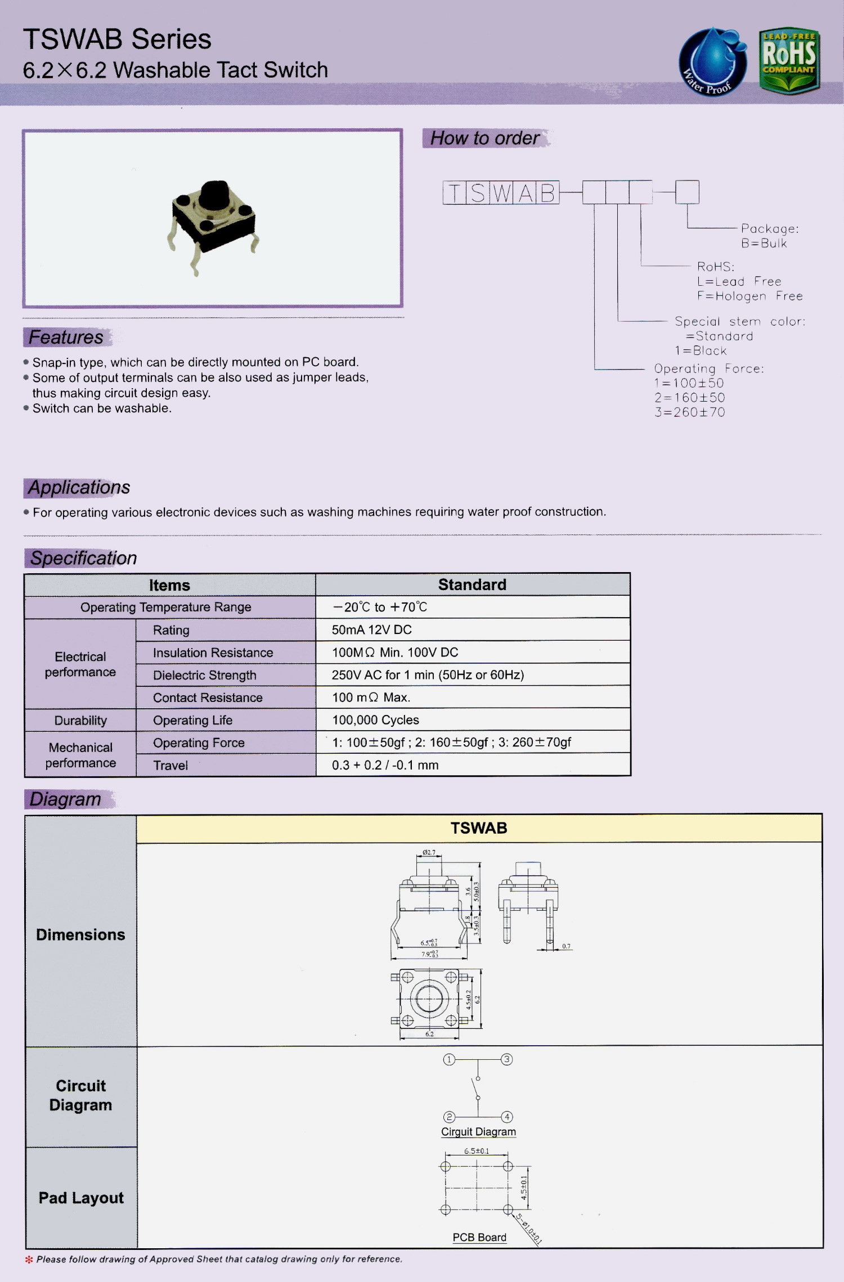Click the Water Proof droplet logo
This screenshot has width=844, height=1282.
[712, 62]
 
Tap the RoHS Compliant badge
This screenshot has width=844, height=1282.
[789, 60]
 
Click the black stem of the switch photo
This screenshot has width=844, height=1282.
[214, 195]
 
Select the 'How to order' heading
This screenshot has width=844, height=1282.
[484, 138]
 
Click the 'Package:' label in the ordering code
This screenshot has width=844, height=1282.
[769, 229]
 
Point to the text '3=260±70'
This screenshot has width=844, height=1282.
[689, 412]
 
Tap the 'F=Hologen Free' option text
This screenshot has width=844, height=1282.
[749, 296]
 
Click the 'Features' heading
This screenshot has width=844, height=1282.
[66, 338]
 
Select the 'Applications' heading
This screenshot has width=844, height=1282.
[79, 488]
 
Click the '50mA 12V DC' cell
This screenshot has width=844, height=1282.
[371, 630]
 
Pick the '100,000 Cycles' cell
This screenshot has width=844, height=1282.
[375, 720]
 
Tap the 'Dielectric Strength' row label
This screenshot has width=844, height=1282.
[204, 675]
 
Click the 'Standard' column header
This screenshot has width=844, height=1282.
[472, 585]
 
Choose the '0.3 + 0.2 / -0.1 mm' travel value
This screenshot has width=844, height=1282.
[385, 765]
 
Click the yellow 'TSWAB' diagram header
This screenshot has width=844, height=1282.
[479, 828]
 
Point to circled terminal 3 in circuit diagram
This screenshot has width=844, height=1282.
[506, 1060]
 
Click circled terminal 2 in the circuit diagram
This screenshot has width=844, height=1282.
[449, 1117]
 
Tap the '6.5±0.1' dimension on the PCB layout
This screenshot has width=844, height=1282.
[477, 1151]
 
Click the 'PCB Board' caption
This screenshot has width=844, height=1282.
[479, 1238]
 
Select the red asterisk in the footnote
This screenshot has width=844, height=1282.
[29, 1259]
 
